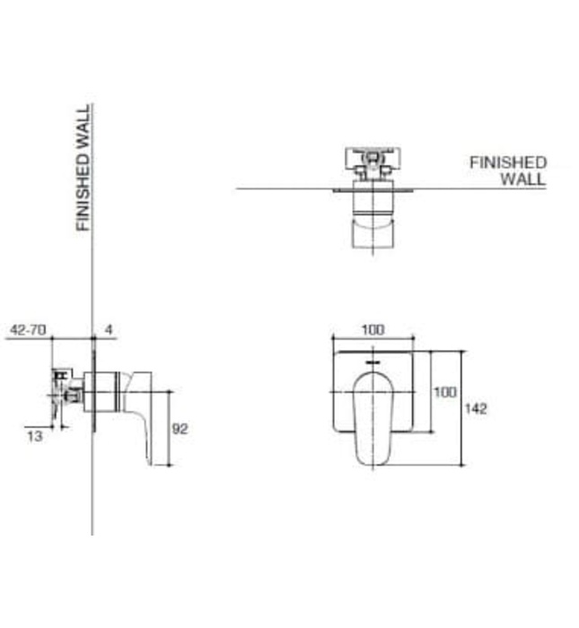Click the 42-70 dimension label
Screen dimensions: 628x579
27,330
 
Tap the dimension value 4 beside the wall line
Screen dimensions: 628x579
108,330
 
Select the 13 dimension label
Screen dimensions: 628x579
35,436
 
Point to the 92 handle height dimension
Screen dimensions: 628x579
180,429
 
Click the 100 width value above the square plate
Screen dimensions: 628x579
373,329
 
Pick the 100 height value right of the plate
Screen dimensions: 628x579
445,392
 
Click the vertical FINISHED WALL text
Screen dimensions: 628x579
83,168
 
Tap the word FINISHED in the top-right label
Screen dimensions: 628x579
508,162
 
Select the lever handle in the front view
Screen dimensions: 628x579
373,417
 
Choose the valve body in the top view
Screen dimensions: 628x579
371,165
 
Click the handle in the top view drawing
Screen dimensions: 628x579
372,229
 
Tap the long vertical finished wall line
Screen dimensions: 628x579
92,269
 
